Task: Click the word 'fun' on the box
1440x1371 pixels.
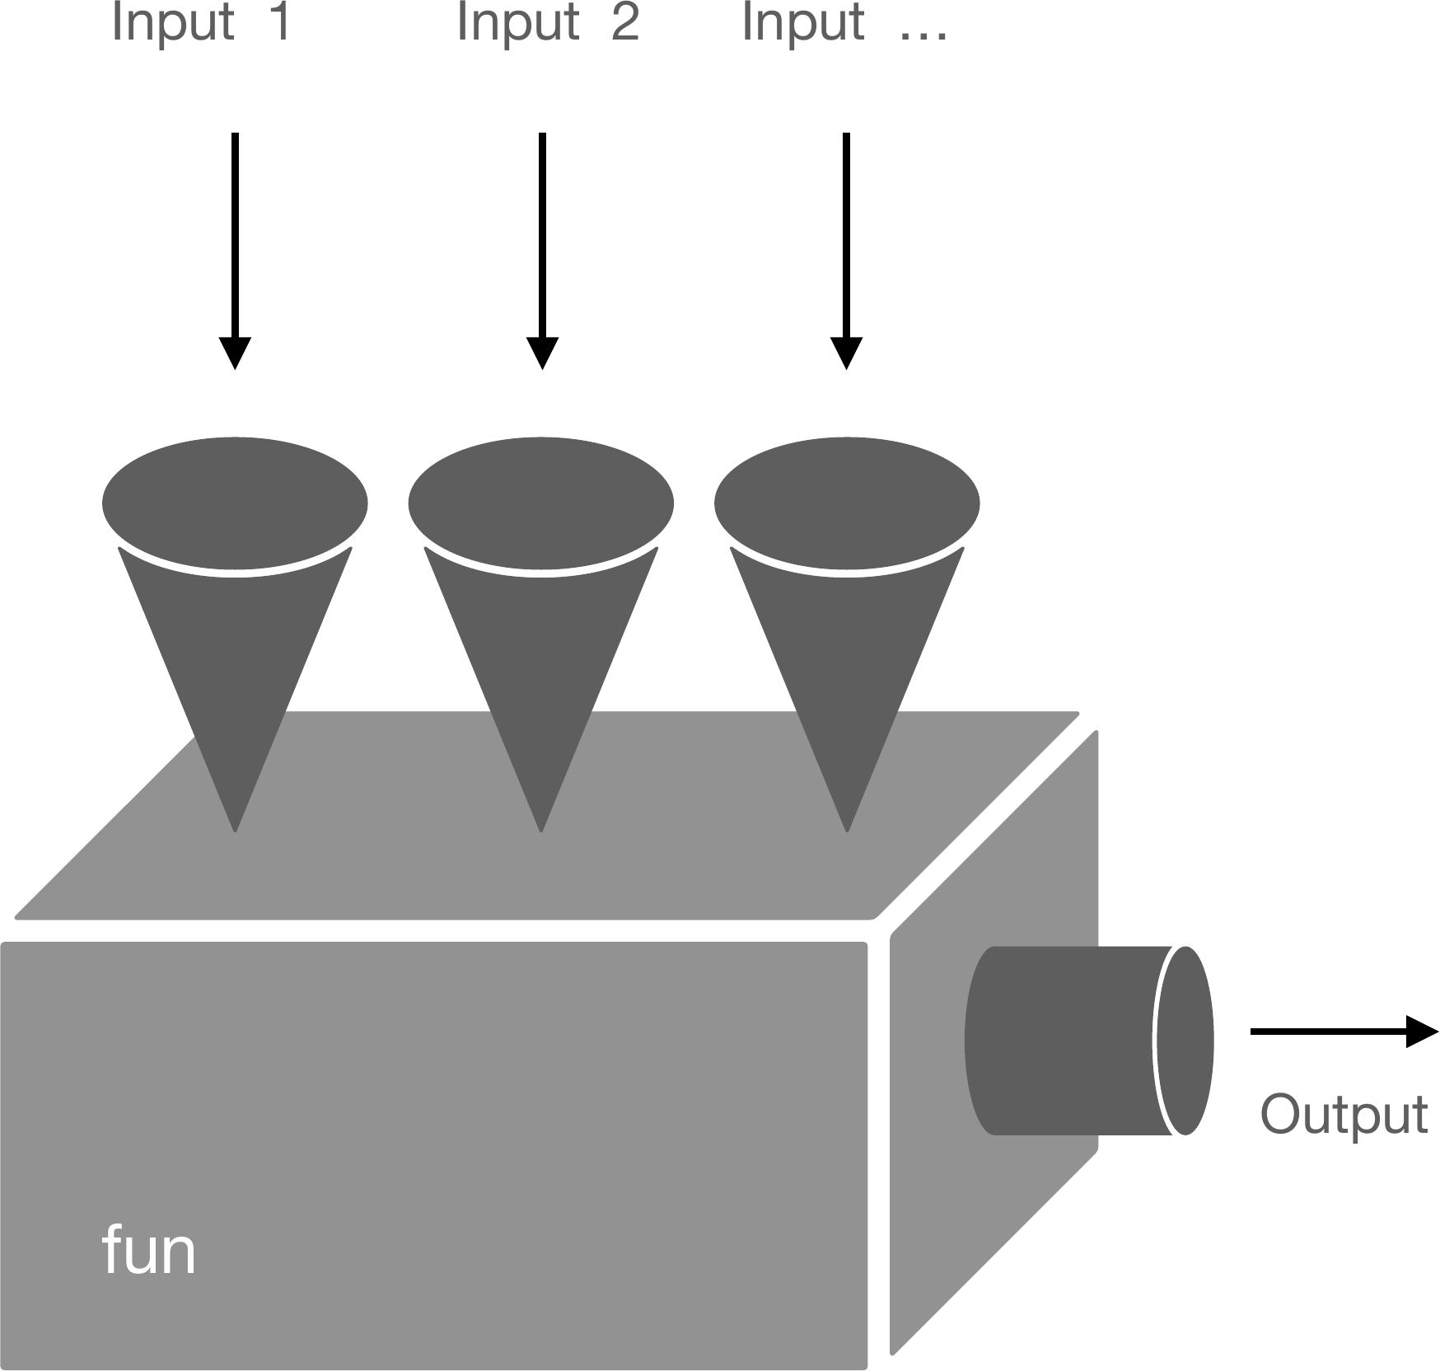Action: click(149, 1250)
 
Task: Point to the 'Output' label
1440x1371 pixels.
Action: click(1344, 1114)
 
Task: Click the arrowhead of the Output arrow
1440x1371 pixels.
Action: click(1422, 1031)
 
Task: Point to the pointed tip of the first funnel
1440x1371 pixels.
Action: click(236, 826)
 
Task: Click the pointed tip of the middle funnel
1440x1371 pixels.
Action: click(541, 826)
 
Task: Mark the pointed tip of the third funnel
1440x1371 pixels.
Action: click(847, 826)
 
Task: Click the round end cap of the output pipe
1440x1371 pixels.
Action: click(1185, 1040)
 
